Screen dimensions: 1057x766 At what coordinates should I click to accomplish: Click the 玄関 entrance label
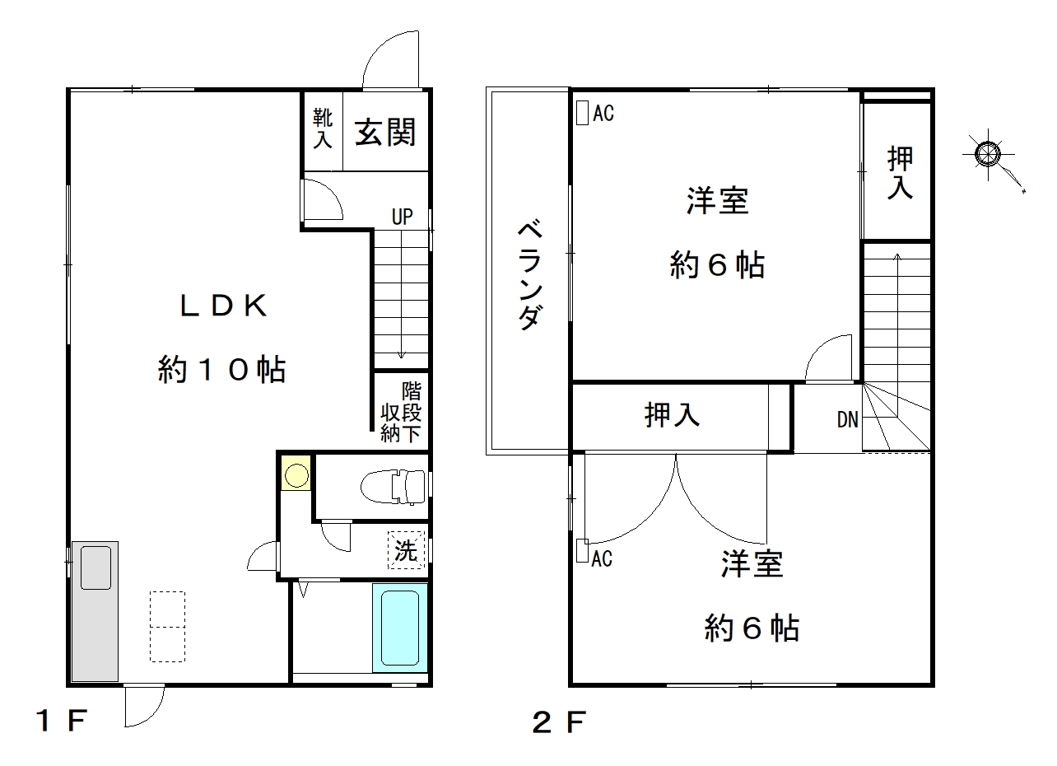click(x=385, y=133)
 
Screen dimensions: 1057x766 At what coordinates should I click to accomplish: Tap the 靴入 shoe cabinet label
click(x=323, y=128)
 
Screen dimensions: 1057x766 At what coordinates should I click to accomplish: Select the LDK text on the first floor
click(x=224, y=306)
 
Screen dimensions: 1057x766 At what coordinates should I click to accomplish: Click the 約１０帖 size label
click(x=221, y=369)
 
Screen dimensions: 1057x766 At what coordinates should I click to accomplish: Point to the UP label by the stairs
click(x=402, y=217)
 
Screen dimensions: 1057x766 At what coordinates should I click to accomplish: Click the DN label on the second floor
click(x=847, y=420)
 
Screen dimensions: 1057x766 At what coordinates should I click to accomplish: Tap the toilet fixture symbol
click(x=393, y=487)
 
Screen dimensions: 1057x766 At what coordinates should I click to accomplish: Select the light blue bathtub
click(x=400, y=628)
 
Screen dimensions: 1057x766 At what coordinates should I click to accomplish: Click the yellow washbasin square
click(x=296, y=473)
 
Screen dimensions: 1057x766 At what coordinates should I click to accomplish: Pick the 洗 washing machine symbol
click(x=407, y=550)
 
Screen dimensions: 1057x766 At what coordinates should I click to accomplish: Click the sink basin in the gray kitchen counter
click(x=95, y=567)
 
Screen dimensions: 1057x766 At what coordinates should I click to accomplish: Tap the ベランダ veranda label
click(x=530, y=275)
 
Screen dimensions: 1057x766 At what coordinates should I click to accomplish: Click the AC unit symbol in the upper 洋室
click(x=582, y=114)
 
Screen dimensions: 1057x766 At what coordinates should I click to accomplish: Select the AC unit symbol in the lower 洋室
click(x=582, y=551)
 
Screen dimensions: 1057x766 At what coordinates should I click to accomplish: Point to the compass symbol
click(x=988, y=154)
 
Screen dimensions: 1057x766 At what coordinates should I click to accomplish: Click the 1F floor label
click(x=62, y=721)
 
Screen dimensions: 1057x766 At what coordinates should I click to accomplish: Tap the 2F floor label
click(x=560, y=722)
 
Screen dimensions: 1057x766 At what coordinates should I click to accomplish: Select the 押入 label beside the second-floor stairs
click(x=900, y=173)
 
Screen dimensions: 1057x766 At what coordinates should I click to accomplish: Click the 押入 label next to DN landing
click(x=672, y=415)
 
